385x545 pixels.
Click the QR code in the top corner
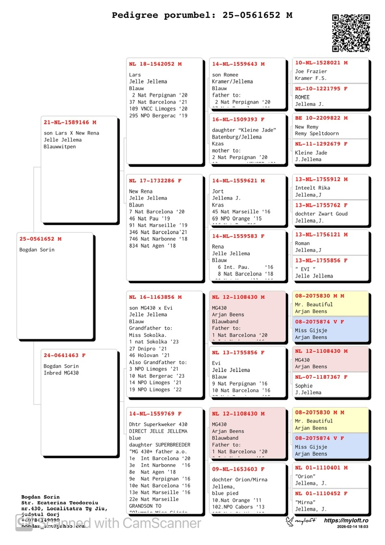coord(351,33)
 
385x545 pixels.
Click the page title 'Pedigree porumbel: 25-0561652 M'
coord(202,15)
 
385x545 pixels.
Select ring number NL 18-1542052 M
coord(155,64)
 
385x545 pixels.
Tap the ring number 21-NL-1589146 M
coord(70,122)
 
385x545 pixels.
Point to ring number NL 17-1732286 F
coord(155,181)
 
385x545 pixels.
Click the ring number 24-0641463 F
coord(64,355)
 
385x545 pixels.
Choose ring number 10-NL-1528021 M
coord(321,63)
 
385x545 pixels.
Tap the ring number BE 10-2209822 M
coord(321,118)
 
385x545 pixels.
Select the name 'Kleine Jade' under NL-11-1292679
coord(311,153)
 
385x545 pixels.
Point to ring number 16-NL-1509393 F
coord(238,120)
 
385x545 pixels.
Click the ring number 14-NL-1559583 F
coord(238,236)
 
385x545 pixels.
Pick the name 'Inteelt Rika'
coord(312,188)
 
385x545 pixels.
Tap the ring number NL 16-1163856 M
coord(155,297)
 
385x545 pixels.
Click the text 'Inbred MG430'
coord(61,373)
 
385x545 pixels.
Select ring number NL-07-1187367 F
coord(321,377)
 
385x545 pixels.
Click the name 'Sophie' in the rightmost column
coord(304,386)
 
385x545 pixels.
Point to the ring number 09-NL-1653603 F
coord(238,469)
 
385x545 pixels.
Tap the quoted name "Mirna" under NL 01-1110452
coord(305,502)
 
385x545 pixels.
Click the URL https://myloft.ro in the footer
coord(346,520)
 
